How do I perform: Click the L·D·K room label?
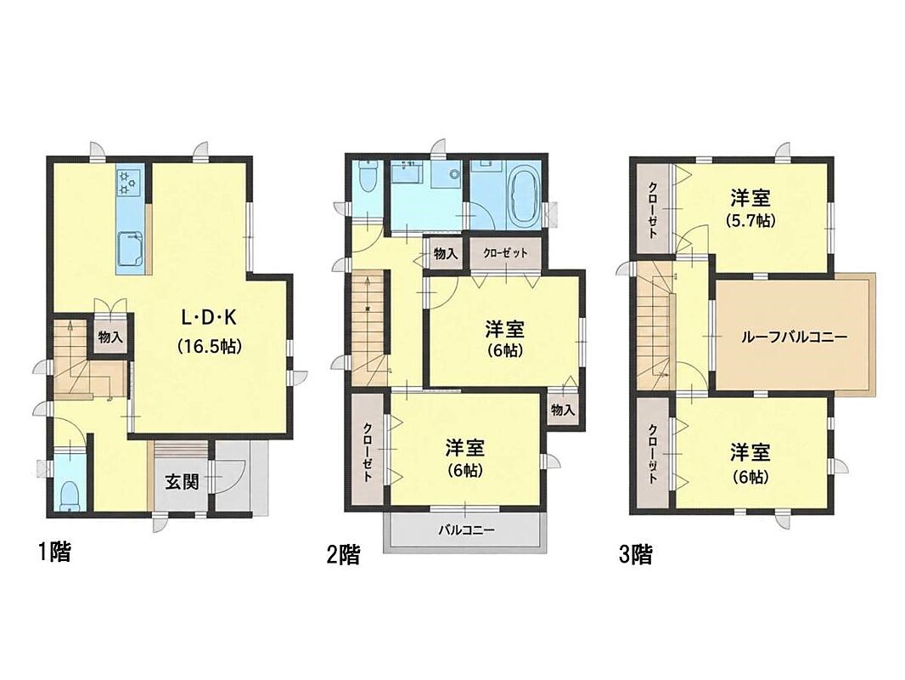tap(210, 317)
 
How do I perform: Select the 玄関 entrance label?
tap(183, 482)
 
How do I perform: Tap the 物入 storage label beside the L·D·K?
tap(110, 337)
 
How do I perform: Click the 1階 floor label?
tap(55, 552)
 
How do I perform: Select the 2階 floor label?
tap(344, 555)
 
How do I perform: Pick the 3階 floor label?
tap(636, 555)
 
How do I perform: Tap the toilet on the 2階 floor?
tap(368, 175)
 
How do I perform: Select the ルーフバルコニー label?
tap(794, 337)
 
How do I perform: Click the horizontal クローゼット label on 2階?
tap(506, 253)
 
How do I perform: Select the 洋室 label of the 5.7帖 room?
tap(750, 198)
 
